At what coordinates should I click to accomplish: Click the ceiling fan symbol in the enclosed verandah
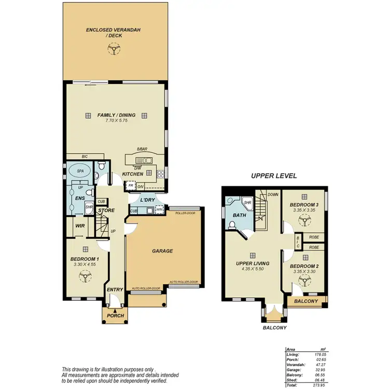112,49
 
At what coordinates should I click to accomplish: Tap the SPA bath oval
80,171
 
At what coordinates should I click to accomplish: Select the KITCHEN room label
132,174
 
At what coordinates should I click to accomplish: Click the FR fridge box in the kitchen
131,185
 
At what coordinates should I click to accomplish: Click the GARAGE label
162,251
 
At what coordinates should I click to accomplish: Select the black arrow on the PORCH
115,310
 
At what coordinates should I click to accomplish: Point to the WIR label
80,226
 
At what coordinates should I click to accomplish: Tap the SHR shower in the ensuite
89,207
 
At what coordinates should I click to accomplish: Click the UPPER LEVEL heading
274,176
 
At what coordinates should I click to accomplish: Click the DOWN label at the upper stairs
273,195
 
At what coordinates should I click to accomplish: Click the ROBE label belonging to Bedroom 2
314,247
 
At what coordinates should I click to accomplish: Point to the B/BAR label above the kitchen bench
143,149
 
